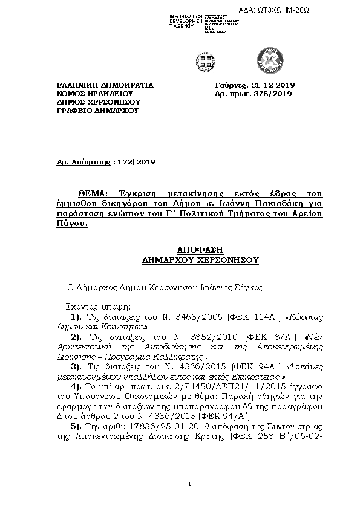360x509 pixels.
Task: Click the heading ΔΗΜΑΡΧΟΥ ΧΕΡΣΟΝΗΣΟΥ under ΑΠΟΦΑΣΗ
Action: pos(199,259)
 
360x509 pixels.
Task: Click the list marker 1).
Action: pos(76,317)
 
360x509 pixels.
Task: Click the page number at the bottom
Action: pos(189,484)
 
